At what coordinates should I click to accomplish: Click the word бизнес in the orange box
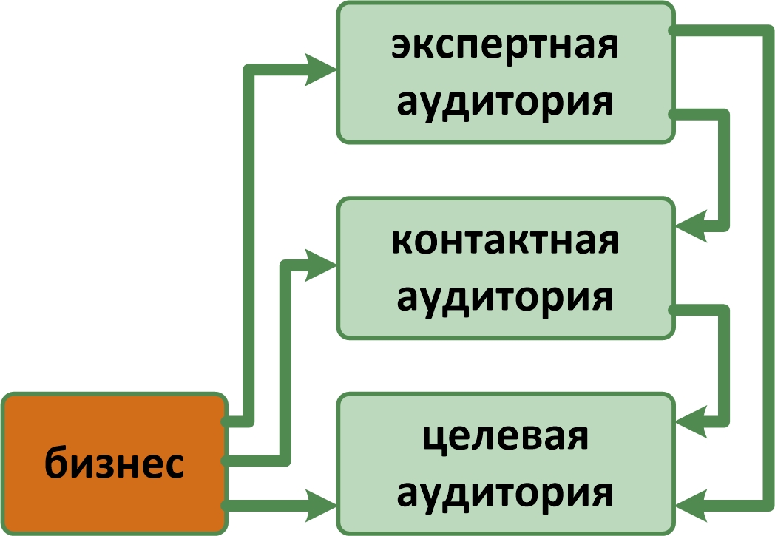114,464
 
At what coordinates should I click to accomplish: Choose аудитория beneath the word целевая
505,491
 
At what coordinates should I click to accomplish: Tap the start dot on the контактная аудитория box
671,309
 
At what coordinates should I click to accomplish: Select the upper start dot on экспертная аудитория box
671,30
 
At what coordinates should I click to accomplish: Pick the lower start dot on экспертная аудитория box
671,114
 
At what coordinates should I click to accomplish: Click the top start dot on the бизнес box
224,422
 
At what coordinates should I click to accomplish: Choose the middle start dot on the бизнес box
224,461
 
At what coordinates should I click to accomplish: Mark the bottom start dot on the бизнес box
224,506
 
